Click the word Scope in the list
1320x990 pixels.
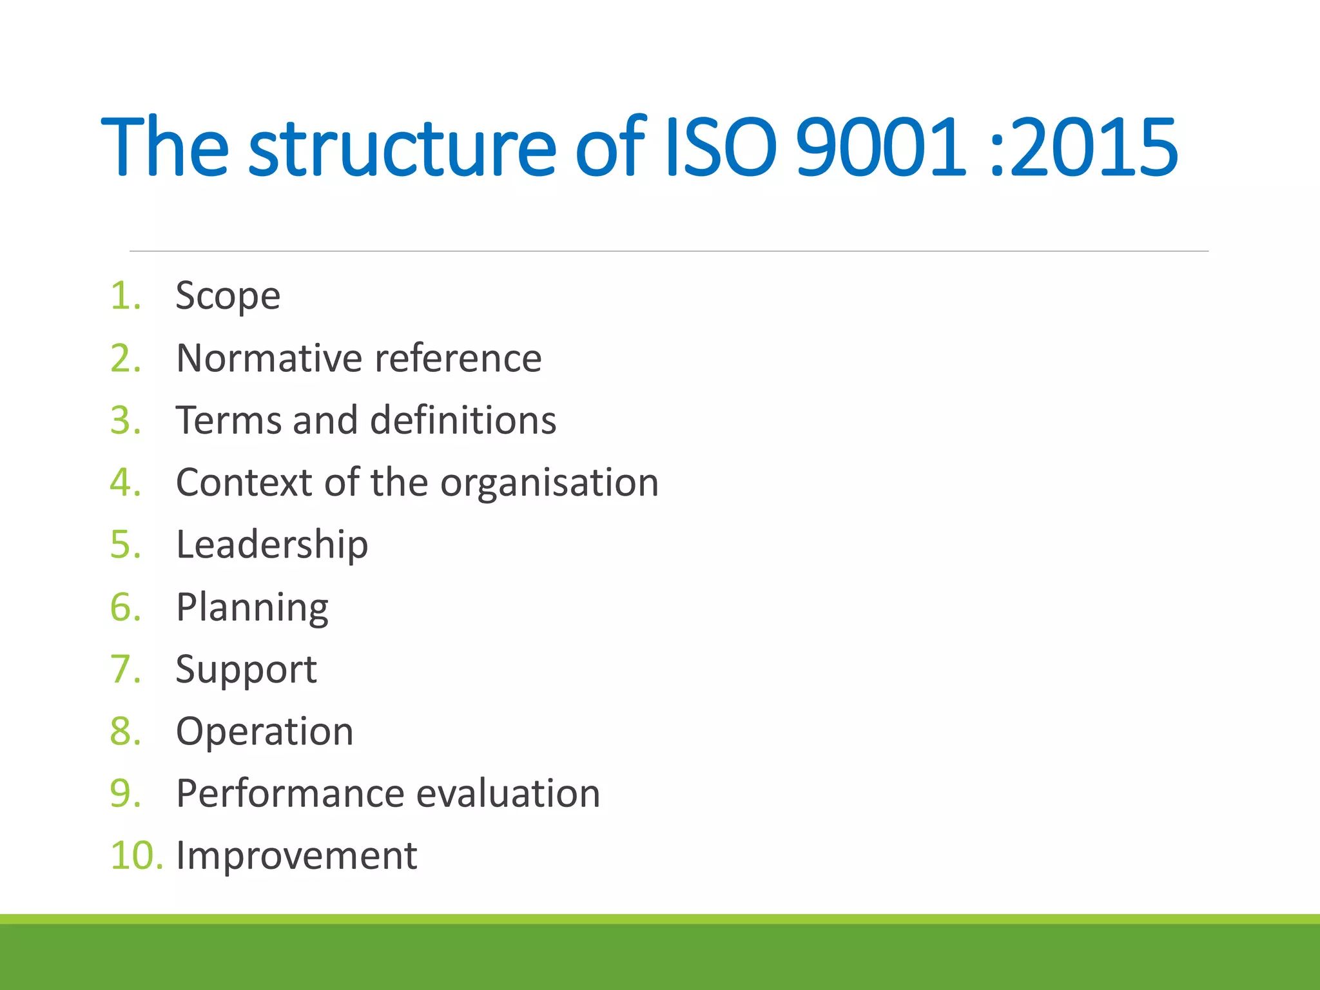[x=228, y=296]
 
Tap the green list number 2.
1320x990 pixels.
[x=125, y=358]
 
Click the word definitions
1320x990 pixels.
[x=463, y=420]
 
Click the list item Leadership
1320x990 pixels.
[x=271, y=545]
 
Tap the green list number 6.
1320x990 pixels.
[x=125, y=607]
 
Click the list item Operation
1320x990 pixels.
[x=264, y=732]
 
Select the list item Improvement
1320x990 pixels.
[x=296, y=857]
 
